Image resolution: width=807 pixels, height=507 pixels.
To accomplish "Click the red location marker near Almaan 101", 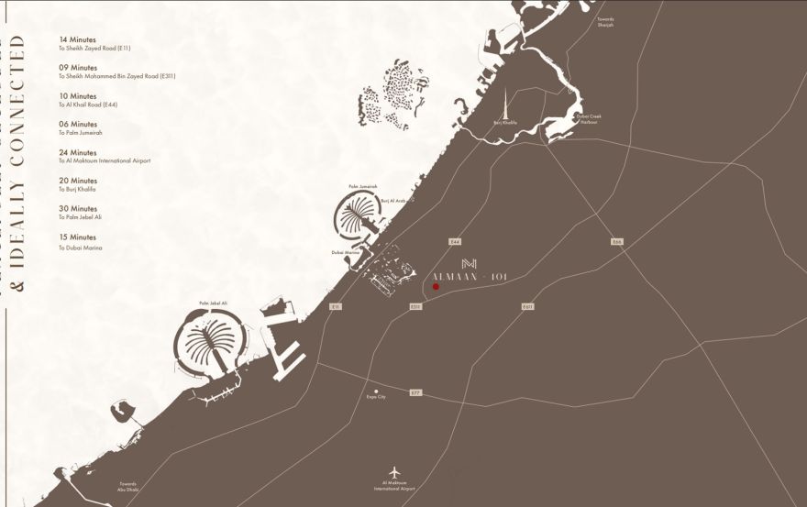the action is [x=436, y=287].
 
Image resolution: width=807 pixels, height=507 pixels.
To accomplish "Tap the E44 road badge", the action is [x=454, y=241].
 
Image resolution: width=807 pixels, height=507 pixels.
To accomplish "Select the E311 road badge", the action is [x=415, y=307].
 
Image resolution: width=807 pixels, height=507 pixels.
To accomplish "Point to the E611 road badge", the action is [x=527, y=306].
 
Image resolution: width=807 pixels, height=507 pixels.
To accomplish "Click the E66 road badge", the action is [x=617, y=241].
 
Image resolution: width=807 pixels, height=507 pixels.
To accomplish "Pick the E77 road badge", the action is [x=415, y=393].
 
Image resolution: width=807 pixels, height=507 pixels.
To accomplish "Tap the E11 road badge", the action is [x=337, y=306].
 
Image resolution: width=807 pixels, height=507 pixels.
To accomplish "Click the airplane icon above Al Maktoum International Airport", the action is [x=394, y=471].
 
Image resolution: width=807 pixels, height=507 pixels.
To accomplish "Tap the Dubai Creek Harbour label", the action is [x=589, y=118].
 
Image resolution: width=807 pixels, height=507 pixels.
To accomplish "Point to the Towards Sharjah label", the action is [x=605, y=22].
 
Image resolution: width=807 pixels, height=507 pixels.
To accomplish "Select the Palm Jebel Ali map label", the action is [x=212, y=303].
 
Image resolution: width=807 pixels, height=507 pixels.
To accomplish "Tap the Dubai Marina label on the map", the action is [x=345, y=252].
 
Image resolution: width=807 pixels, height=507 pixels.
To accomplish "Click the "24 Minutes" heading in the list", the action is [x=78, y=152].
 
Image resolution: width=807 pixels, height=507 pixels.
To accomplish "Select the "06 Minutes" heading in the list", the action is [x=78, y=124].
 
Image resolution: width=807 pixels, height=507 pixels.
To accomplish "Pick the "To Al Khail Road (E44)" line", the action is [x=88, y=105].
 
